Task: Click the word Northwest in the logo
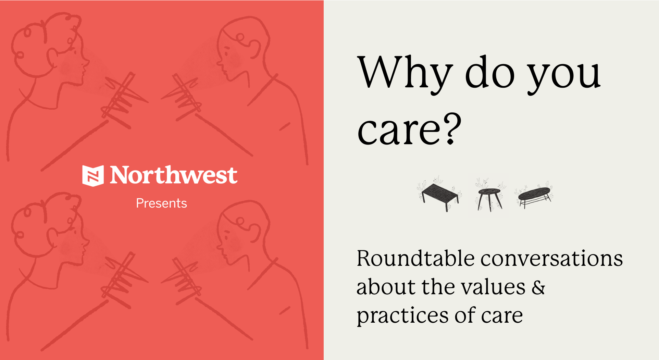coord(173,175)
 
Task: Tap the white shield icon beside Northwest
coord(93,176)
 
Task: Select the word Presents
coord(161,203)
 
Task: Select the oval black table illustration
coord(534,197)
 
